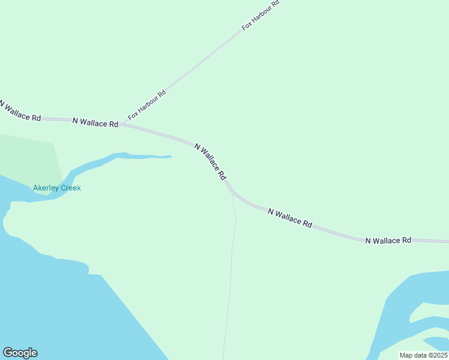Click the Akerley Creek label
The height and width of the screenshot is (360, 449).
[57, 188]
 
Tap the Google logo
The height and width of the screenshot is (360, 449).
[20, 353]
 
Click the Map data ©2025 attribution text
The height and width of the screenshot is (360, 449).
[423, 355]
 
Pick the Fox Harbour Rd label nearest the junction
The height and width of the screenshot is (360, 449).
[146, 105]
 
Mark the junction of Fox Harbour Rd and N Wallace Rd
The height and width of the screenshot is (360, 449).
[123, 124]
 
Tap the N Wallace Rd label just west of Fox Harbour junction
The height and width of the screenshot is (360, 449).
[95, 122]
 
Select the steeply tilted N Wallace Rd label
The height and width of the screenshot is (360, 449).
[210, 161]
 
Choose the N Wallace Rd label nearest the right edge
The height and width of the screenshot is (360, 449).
[388, 240]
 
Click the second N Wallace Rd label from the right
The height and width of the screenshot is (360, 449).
[290, 218]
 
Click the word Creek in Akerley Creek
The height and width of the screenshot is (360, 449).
[70, 188]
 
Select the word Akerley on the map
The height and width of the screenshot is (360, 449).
[45, 188]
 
